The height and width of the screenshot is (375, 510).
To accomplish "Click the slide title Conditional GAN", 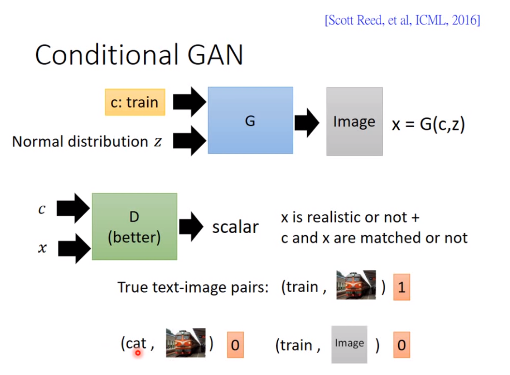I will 139,55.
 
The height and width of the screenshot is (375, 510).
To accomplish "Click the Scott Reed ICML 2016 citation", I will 403,21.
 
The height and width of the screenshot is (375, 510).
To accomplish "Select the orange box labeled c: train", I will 135,102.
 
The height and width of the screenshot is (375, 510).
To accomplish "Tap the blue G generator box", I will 250,120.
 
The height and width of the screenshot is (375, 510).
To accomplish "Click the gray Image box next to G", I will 354,121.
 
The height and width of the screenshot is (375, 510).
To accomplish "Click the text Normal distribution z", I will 87,142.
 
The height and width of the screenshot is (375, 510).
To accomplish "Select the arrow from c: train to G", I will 189,102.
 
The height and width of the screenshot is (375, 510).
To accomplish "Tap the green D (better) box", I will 134,227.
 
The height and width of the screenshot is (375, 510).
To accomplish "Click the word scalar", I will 235,227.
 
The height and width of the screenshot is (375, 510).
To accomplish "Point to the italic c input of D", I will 42,210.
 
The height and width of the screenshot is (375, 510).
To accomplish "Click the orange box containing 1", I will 401,288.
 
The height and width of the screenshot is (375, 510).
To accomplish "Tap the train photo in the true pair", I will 356,285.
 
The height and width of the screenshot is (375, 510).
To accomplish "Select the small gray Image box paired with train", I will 349,344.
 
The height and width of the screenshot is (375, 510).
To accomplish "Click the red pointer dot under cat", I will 138,353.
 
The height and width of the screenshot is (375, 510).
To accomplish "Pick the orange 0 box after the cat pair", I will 235,345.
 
